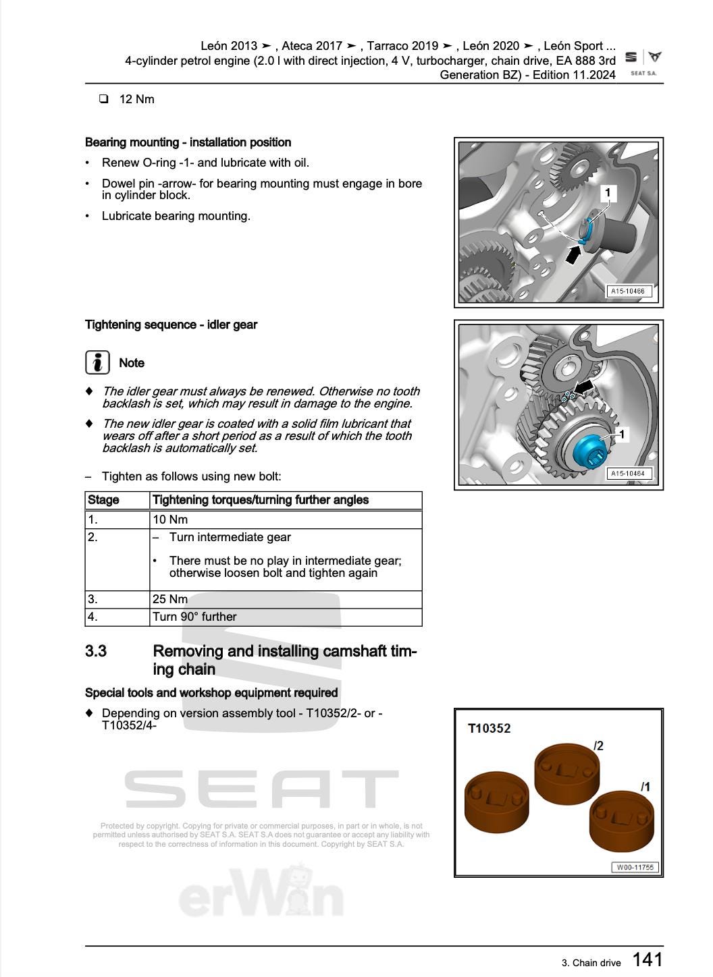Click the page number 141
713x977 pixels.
click(647, 959)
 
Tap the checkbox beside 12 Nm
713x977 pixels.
click(104, 99)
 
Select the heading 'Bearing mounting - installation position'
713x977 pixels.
click(188, 142)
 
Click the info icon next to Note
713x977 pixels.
click(98, 362)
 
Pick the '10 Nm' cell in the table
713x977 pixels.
click(170, 520)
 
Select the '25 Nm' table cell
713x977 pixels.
click(170, 599)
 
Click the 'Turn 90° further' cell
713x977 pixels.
click(194, 617)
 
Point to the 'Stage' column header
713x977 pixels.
click(103, 500)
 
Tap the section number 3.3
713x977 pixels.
click(96, 651)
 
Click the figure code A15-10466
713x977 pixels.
click(628, 291)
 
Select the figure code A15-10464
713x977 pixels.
click(628, 474)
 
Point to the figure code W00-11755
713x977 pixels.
click(635, 867)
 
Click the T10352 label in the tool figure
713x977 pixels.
click(489, 729)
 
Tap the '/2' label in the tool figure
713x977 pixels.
click(598, 746)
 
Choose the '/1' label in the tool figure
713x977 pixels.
click(645, 787)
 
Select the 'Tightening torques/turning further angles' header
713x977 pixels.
click(261, 500)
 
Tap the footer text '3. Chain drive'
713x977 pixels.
click(591, 963)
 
